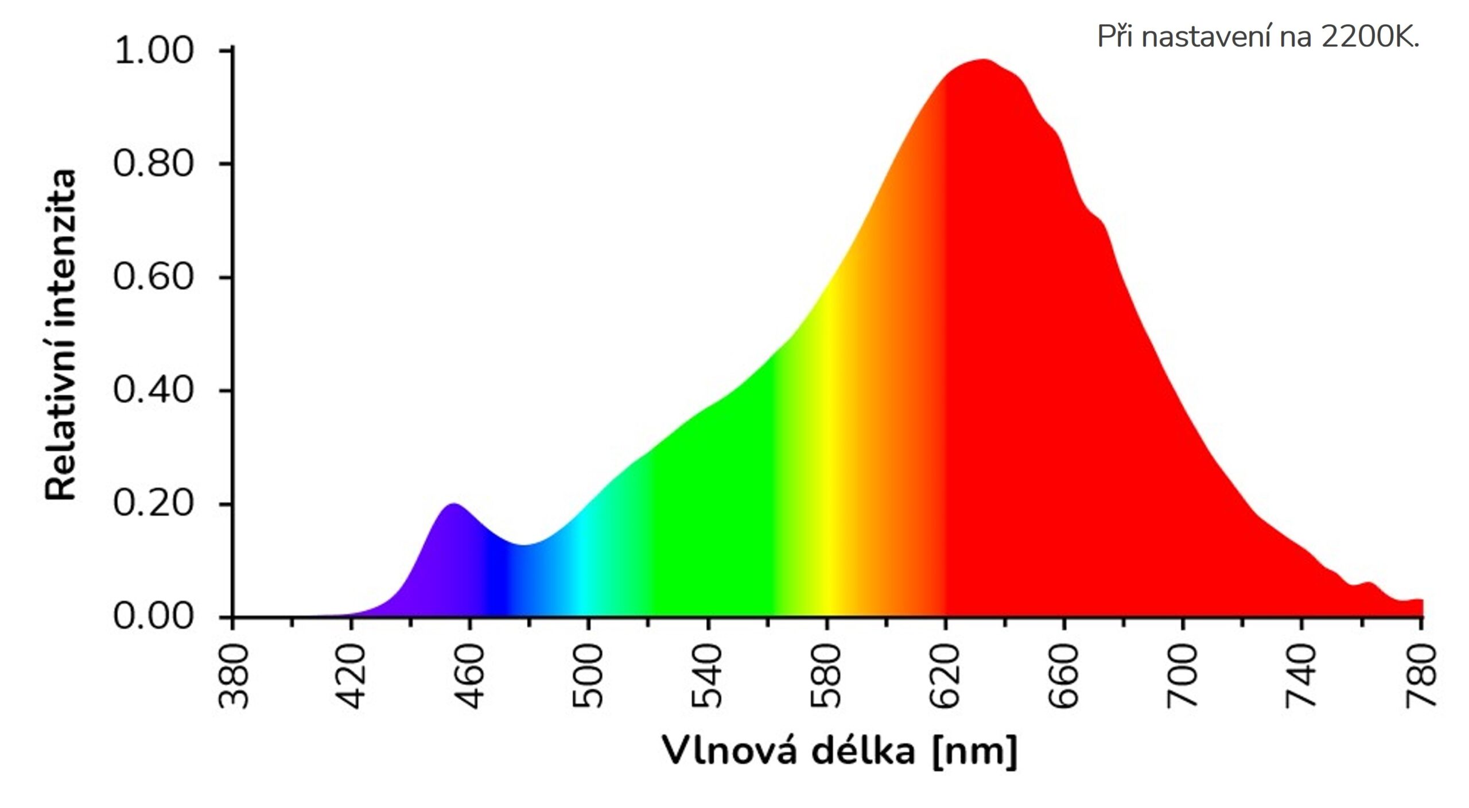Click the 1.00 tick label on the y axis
point(153,51)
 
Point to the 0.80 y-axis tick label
point(153,164)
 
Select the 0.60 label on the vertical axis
point(153,277)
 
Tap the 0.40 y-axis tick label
point(153,390)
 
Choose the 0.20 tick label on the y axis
point(153,504)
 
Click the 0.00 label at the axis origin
point(153,617)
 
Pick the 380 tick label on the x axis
point(235,676)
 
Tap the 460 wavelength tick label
point(471,676)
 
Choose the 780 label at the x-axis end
point(1420,676)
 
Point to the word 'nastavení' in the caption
point(1208,37)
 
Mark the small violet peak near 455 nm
point(453,505)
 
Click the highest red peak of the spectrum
point(983,60)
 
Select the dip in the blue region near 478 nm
point(523,546)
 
